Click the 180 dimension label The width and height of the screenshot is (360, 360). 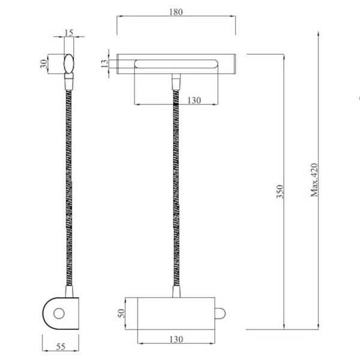pos(176,11)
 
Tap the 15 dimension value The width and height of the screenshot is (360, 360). pos(69,33)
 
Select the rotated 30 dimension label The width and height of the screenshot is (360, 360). pos(44,64)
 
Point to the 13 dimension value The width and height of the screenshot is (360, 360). pos(104,62)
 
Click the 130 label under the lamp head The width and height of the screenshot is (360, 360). pos(194,101)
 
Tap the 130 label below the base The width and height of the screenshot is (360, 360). pos(176,340)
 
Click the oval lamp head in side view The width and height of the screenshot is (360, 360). pos(69,63)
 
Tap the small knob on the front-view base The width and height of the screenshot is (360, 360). pos(220,313)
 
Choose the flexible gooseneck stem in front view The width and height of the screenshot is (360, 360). pos(176,192)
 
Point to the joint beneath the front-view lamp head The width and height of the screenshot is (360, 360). pos(176,81)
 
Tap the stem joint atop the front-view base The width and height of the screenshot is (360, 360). pos(176,292)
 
